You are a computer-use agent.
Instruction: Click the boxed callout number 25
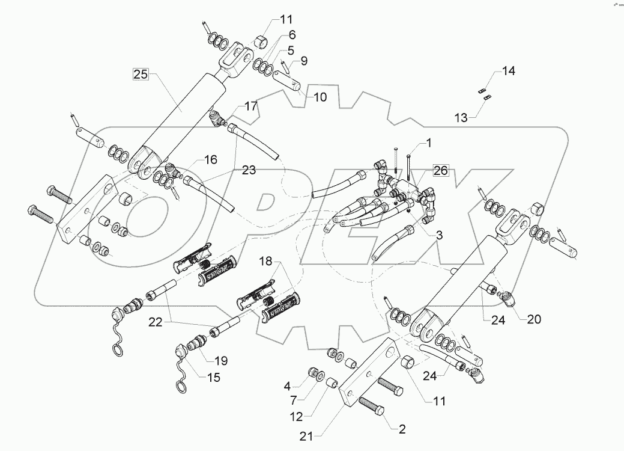click(x=141, y=75)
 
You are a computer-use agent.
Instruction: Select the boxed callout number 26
click(x=440, y=171)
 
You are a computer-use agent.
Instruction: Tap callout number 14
click(x=509, y=72)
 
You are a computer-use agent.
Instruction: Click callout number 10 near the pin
click(x=320, y=97)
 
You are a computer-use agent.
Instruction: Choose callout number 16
click(x=210, y=160)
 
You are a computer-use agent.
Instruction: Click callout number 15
click(x=213, y=378)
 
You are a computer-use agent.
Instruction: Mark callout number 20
click(x=533, y=319)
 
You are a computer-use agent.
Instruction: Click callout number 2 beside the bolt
click(x=401, y=429)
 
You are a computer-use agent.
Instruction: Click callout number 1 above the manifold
click(x=429, y=143)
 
